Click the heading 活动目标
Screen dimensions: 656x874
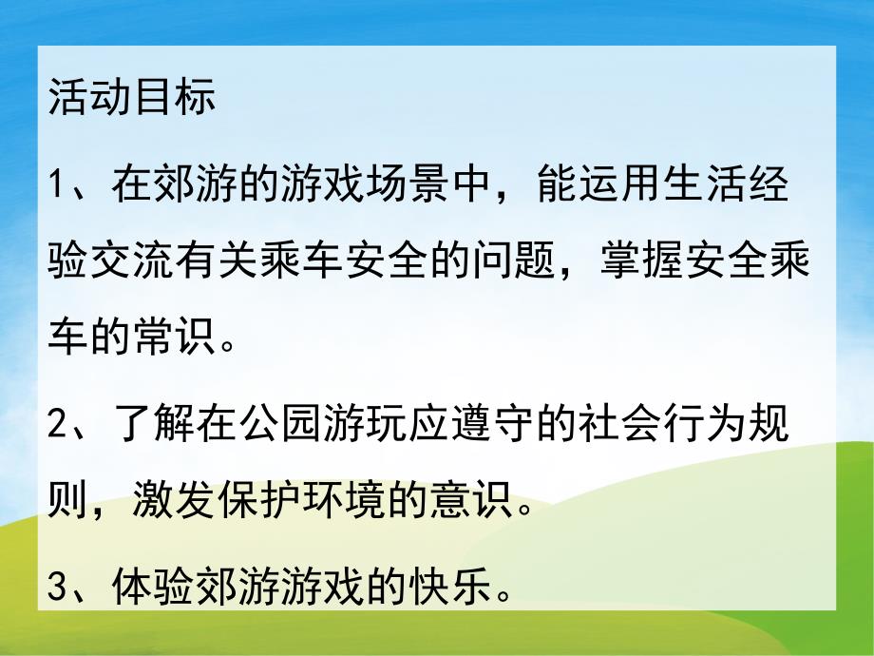131,98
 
